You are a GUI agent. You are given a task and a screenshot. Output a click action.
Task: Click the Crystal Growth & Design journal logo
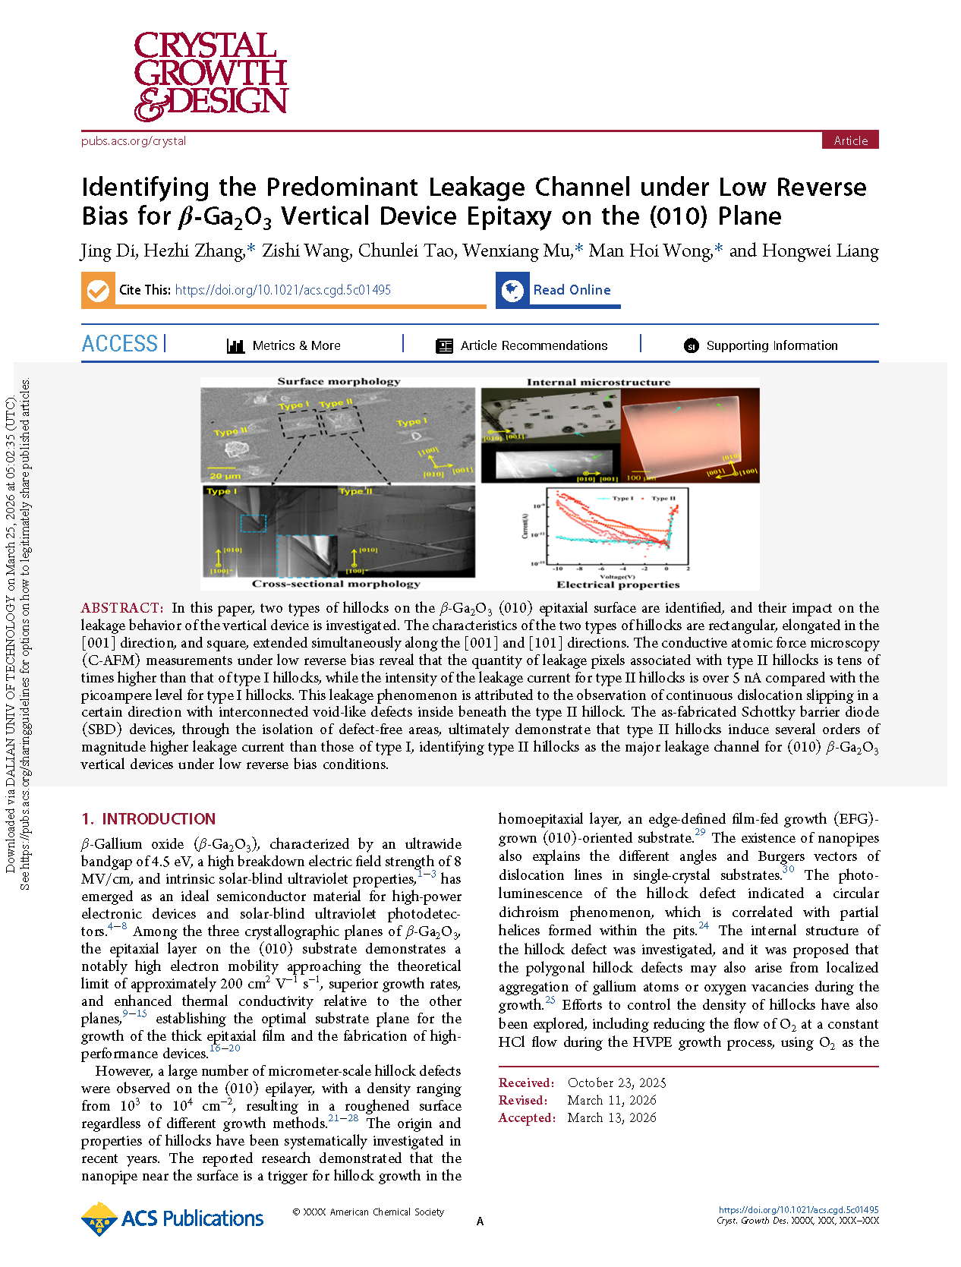click(x=210, y=76)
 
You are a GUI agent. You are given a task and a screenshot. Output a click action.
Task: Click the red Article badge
click(x=850, y=140)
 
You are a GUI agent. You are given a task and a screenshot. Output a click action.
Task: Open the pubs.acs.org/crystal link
click(x=134, y=141)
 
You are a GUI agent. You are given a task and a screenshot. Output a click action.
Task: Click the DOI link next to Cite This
click(x=282, y=290)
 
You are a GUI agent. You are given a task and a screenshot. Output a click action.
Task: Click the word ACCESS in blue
click(x=120, y=345)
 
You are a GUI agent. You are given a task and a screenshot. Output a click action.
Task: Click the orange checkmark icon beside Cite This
click(x=98, y=291)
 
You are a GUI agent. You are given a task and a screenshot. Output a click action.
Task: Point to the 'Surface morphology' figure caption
click(x=339, y=382)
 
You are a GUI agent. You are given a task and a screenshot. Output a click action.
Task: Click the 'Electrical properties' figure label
click(x=618, y=585)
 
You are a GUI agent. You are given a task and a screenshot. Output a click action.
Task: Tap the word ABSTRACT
click(x=121, y=608)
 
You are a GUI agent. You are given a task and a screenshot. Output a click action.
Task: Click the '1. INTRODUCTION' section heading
click(x=149, y=819)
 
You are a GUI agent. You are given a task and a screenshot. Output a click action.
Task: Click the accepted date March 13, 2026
click(x=612, y=1118)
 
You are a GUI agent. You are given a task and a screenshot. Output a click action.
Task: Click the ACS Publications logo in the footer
click(x=172, y=1219)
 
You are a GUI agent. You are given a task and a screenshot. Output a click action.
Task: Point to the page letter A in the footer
click(x=480, y=1221)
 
